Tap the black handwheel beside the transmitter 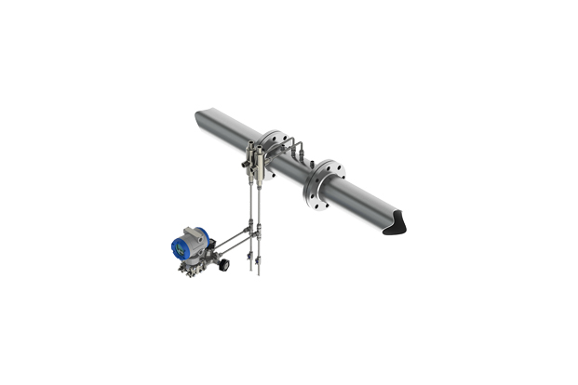pyautogui.click(x=224, y=265)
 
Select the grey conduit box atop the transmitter pyautogui.click(x=195, y=228)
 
